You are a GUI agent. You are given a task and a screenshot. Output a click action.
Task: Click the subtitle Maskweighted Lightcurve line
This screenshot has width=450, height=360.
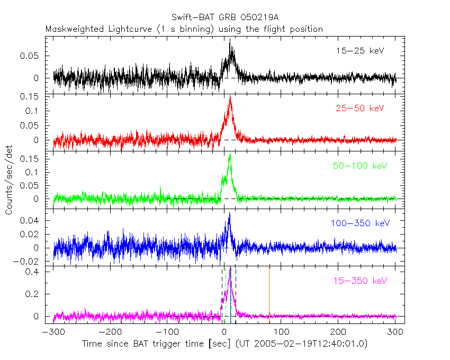[x=184, y=29]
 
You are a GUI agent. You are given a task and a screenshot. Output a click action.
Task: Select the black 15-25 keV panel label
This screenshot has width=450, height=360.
[x=359, y=51]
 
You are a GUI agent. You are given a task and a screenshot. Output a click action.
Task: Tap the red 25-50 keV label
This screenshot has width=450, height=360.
[x=359, y=109]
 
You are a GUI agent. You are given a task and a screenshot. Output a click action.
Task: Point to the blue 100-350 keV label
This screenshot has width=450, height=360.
[x=361, y=223]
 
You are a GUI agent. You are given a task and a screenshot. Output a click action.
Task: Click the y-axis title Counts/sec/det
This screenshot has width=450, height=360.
[x=9, y=179]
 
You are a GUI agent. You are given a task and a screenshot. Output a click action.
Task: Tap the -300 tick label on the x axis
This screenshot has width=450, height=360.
[x=52, y=332]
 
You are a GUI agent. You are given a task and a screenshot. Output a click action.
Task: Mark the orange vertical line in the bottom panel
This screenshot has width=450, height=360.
[x=269, y=294]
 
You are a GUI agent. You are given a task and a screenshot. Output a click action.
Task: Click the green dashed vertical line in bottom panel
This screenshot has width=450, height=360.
[x=226, y=294]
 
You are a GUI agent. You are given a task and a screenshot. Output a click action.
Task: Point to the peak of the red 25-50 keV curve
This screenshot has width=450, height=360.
[x=230, y=97]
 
